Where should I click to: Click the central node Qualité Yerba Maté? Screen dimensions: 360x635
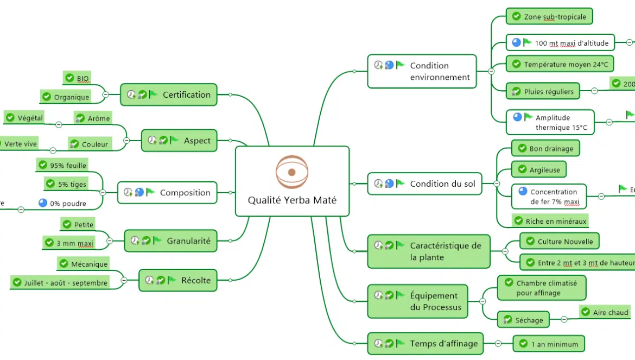[x=292, y=199]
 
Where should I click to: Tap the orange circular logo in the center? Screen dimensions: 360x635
[x=291, y=172]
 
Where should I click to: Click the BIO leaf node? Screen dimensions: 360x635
[x=77, y=79]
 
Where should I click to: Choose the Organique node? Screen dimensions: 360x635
[x=66, y=97]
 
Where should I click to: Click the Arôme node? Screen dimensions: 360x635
[x=93, y=118]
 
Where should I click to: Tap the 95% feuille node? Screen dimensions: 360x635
[x=62, y=165]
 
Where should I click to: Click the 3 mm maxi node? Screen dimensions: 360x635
[x=69, y=244]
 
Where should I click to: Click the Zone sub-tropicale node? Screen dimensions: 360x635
[x=549, y=17]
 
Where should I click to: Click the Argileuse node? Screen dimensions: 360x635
[x=539, y=170]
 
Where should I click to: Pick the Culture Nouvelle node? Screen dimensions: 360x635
[x=559, y=242]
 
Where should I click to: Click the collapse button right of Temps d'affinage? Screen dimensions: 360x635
[x=498, y=343]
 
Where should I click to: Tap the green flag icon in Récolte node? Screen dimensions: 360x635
[x=172, y=280]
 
